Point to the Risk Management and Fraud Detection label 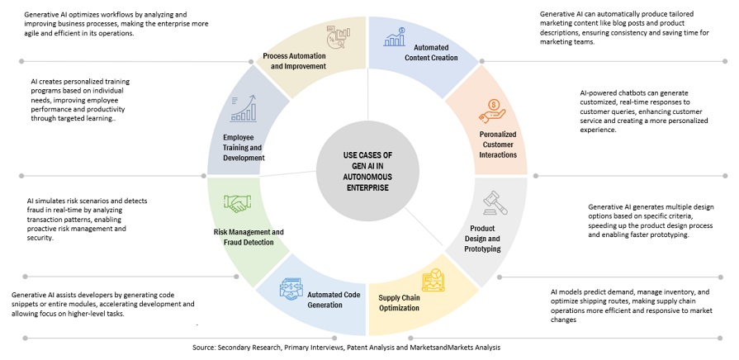(x=243, y=238)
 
